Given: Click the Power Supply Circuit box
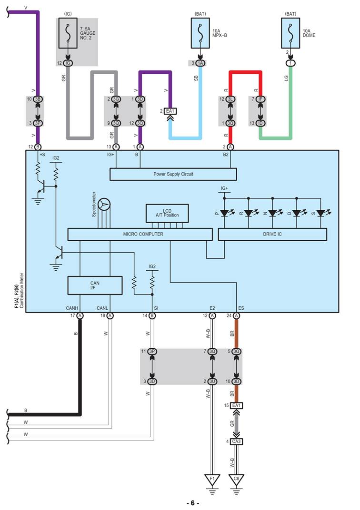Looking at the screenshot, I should (173, 174).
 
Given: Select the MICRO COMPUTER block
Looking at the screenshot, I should (140, 234).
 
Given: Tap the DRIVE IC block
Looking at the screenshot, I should (272, 234).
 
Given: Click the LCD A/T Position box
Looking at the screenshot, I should (167, 213).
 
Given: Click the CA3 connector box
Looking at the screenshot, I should (237, 441).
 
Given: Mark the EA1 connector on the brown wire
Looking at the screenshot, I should (237, 405).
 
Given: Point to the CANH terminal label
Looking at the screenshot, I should (72, 308).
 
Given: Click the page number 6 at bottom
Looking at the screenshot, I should (192, 503).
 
